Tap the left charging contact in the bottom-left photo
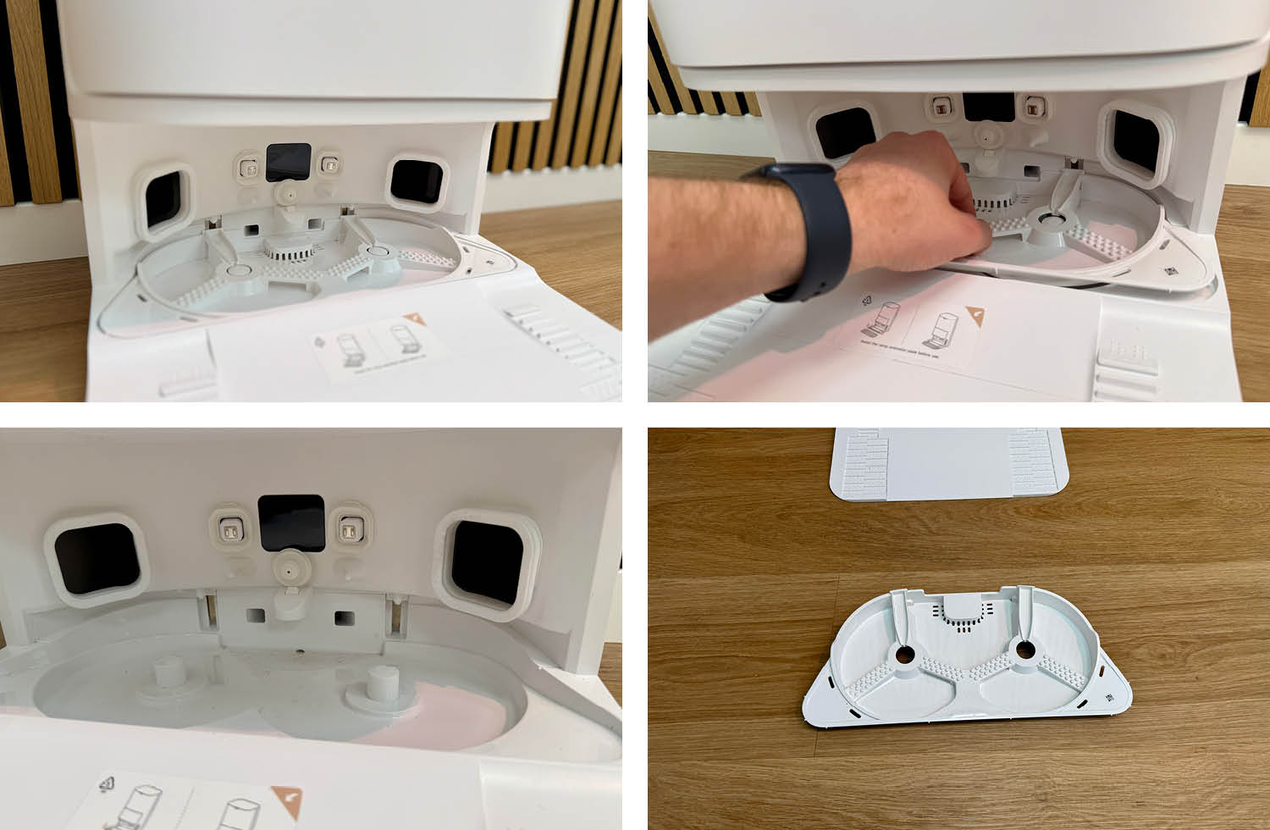click(228, 531)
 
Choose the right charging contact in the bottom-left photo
click(347, 531)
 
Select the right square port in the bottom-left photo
click(483, 565)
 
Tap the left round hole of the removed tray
click(905, 655)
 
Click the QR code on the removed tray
click(1108, 698)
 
